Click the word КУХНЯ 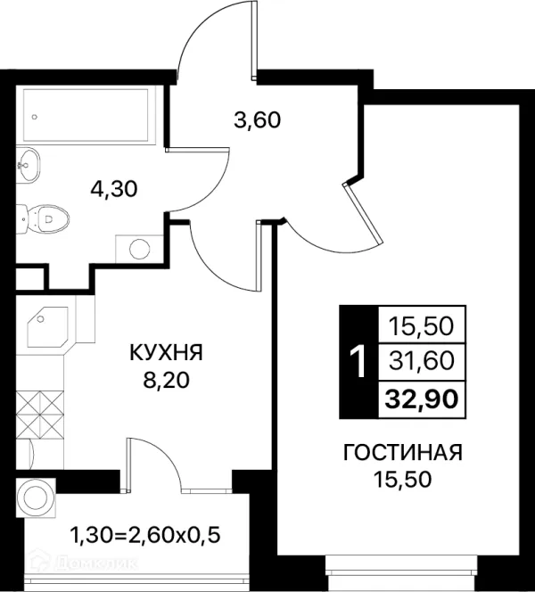click(x=166, y=353)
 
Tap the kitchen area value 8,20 click(x=166, y=380)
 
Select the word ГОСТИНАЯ click(x=402, y=452)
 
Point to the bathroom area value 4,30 click(x=113, y=189)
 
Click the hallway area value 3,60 click(x=257, y=120)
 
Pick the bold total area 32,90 click(x=422, y=399)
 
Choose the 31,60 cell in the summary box click(x=422, y=361)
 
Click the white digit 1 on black click(x=358, y=362)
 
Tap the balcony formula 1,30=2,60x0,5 click(x=145, y=535)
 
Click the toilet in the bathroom click(x=43, y=218)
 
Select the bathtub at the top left click(x=86, y=115)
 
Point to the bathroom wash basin click(x=28, y=165)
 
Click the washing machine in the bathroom click(x=139, y=248)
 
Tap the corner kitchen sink click(x=48, y=326)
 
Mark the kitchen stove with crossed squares click(x=39, y=415)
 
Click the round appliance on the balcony click(x=36, y=497)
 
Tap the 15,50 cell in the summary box click(x=422, y=325)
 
